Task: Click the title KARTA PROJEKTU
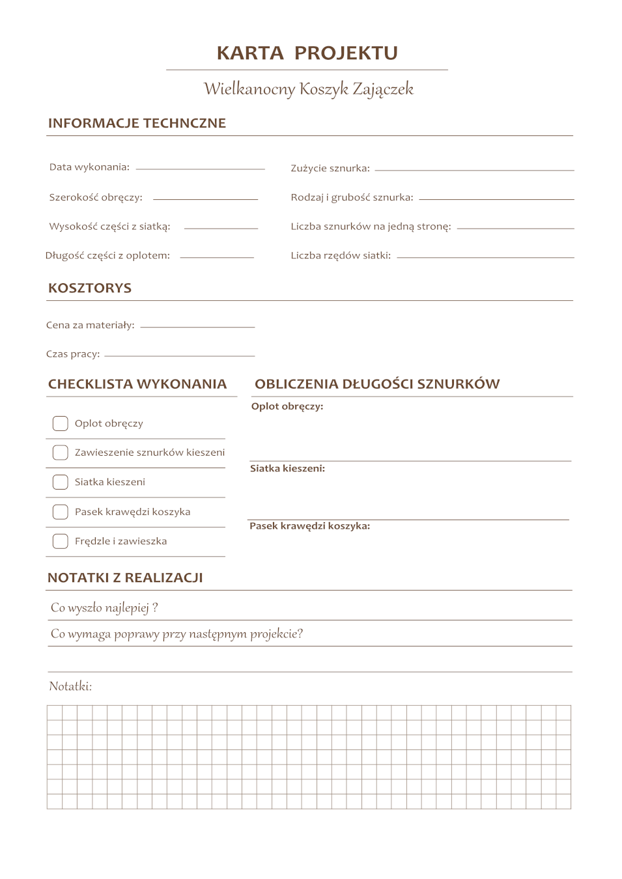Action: pos(307,53)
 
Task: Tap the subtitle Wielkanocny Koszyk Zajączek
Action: pos(308,89)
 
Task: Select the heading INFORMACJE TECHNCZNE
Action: pos(137,123)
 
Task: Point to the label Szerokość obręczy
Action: pos(96,197)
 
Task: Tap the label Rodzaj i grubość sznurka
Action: pos(352,197)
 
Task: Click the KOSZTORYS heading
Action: pos(90,288)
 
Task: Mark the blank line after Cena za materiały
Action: pos(197,326)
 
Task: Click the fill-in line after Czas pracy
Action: pos(179,355)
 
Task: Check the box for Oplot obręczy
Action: pos(61,424)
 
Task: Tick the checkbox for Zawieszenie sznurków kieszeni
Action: pos(61,453)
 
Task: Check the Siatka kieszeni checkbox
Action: pos(61,482)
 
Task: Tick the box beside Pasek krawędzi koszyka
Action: pos(61,512)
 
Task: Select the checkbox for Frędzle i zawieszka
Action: pos(61,541)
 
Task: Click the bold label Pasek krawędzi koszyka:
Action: pos(309,526)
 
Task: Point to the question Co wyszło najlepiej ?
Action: pos(104,607)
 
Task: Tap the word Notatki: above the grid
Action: pos(70,686)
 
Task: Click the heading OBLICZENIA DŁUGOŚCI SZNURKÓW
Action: pos(377,384)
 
